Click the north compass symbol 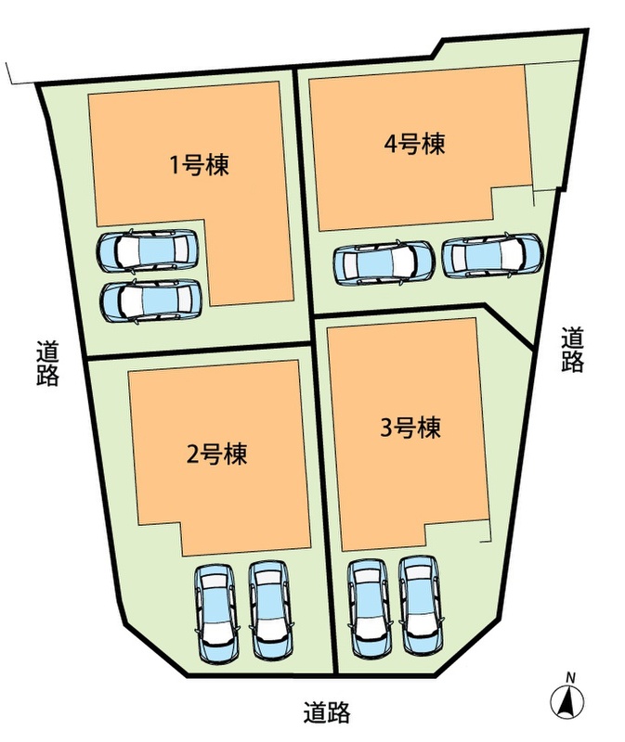coord(566,702)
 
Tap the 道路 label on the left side coord(47,364)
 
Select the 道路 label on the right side coord(573,350)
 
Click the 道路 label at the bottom coord(326,713)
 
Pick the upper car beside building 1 coord(150,249)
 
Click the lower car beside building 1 coord(150,300)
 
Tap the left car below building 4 coord(383,262)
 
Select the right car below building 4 coord(492,256)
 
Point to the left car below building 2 coord(215,612)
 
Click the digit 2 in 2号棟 coord(193,455)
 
